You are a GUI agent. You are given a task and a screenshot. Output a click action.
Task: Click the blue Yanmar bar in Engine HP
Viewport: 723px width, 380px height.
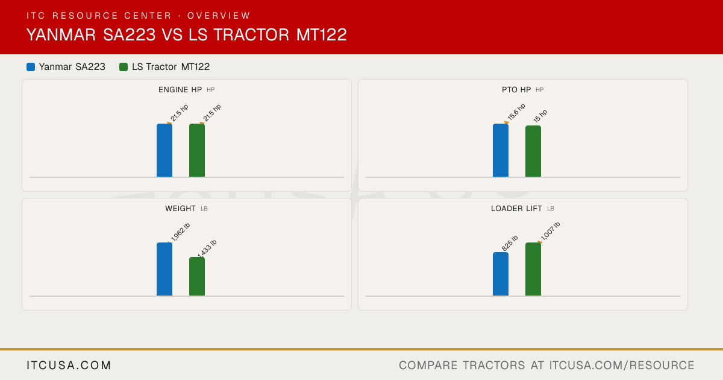point(164,150)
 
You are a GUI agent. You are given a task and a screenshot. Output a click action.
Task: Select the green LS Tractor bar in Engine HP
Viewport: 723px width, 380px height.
point(197,150)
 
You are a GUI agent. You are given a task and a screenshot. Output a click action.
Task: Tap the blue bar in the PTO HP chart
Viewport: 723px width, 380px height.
point(501,150)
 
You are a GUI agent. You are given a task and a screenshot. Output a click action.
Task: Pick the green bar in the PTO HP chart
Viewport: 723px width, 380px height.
point(533,151)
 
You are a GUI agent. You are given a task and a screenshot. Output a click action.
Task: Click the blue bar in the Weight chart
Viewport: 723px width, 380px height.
point(164,269)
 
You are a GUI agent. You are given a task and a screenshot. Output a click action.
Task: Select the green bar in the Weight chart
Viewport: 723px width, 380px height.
point(197,276)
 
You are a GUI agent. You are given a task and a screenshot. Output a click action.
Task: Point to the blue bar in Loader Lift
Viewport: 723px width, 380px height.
point(501,274)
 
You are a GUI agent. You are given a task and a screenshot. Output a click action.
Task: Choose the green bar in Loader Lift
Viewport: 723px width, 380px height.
point(533,269)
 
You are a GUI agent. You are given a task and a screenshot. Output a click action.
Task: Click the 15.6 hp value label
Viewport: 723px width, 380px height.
point(516,112)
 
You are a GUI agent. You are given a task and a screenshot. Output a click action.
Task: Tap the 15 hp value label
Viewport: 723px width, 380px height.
point(540,116)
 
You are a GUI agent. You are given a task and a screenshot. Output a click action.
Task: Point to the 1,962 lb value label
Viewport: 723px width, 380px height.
point(180,232)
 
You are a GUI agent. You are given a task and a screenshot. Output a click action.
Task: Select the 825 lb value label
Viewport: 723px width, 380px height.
point(510,243)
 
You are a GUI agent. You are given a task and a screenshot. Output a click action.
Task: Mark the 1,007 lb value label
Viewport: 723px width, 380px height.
point(550,231)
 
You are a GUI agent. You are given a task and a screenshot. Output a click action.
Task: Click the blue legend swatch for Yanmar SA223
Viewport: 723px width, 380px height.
point(31,67)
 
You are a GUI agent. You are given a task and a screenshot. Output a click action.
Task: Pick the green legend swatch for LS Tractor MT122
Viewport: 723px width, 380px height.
point(124,67)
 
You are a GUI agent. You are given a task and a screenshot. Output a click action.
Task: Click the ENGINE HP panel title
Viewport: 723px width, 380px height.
point(180,89)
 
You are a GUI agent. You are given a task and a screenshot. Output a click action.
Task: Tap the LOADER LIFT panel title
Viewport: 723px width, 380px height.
point(516,209)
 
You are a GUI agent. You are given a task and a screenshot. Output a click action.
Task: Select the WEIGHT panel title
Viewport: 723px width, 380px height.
point(180,209)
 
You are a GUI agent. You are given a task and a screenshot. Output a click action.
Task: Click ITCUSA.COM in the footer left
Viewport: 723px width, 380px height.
point(69,365)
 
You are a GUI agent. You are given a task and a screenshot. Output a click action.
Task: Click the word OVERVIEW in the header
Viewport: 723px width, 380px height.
point(219,16)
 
